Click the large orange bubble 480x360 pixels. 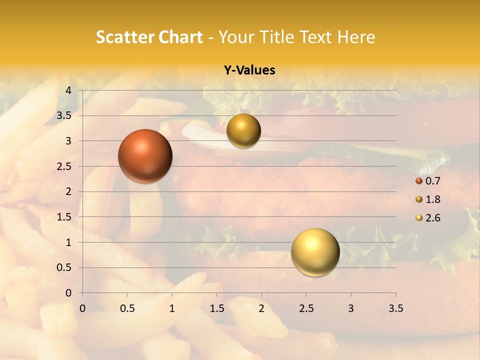(145, 156)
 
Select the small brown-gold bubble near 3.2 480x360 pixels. (243, 131)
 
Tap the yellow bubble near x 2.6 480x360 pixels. (315, 252)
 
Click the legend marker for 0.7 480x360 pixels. (419, 181)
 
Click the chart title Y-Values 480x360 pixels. (249, 70)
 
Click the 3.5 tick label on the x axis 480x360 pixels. (395, 308)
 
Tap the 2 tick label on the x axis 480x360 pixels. (261, 308)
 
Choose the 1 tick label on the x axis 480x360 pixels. (172, 308)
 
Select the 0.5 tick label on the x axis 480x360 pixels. (127, 308)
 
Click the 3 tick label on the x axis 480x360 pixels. (351, 308)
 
